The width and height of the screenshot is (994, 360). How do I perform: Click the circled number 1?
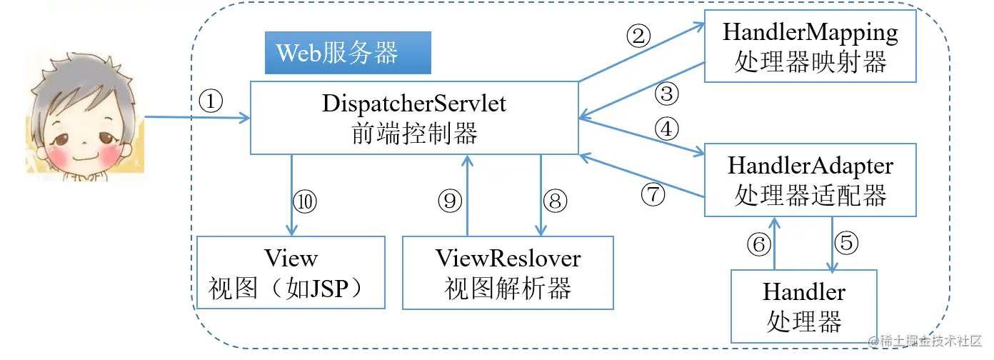pos(211,101)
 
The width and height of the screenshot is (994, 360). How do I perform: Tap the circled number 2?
pos(638,36)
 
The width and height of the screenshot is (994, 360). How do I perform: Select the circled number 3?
pos(666,94)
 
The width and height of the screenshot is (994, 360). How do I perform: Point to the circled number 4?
pos(666,129)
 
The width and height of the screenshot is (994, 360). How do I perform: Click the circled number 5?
pos(846,243)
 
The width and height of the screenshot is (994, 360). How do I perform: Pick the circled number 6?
pos(759,244)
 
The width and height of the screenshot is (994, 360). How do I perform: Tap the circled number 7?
pos(653,194)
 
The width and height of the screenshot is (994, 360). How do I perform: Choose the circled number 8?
pos(555,201)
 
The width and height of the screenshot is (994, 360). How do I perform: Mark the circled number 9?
pos(450,201)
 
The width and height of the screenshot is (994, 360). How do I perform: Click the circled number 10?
pos(305,201)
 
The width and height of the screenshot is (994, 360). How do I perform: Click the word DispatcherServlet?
pos(414,104)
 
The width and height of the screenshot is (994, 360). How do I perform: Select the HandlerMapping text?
pos(810,33)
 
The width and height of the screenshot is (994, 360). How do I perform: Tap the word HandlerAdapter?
pos(810,166)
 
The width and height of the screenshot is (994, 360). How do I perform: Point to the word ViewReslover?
pos(508,259)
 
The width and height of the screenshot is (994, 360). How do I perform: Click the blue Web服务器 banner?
pos(348,53)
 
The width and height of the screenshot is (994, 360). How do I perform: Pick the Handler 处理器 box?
pos(804,306)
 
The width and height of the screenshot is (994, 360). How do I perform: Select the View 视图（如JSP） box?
pos(291,273)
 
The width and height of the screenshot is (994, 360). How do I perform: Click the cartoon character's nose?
pos(84,143)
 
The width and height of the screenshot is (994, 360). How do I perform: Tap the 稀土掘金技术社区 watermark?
pos(925,341)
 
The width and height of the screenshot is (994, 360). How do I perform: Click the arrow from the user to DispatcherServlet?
pos(198,118)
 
